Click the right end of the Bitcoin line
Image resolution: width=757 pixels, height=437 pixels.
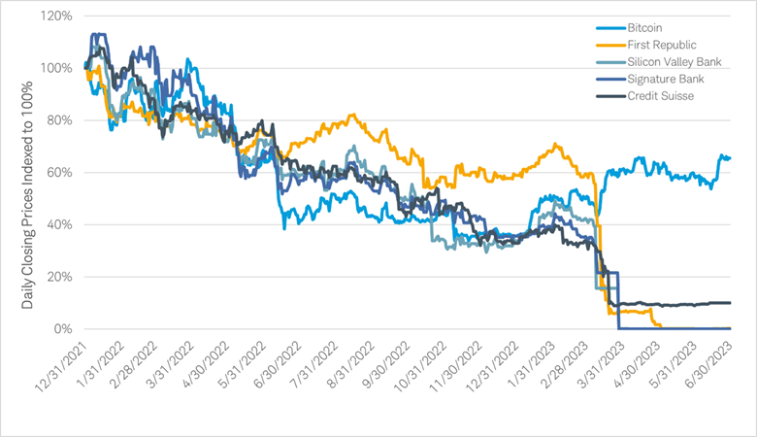tap(730, 157)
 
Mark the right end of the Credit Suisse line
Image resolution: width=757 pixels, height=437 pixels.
tap(730, 303)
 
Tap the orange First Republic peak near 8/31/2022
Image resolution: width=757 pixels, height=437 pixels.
tap(352, 115)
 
